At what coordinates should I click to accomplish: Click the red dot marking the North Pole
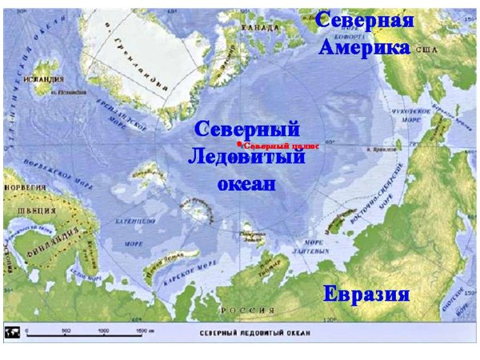coord(239,144)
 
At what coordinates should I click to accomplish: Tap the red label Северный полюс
coord(281,146)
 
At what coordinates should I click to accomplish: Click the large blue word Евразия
coord(366,294)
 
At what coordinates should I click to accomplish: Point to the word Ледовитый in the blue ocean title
coord(247,156)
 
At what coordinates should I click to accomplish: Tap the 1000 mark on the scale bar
coord(102,330)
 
